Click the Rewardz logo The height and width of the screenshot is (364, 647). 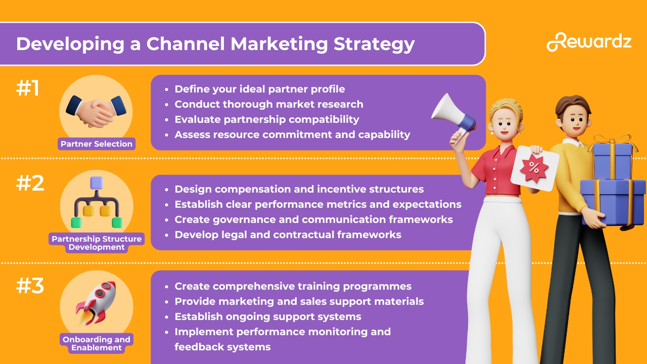click(x=589, y=42)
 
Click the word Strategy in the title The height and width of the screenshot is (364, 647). click(x=374, y=44)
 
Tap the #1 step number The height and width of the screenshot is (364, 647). click(x=28, y=88)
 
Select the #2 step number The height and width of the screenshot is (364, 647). click(x=30, y=183)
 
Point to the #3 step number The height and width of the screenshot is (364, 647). click(x=30, y=286)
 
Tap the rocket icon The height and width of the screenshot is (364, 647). click(x=96, y=302)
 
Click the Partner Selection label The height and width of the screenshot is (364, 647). click(x=97, y=144)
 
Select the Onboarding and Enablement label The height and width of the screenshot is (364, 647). click(x=97, y=343)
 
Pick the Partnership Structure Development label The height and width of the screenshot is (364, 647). click(x=97, y=243)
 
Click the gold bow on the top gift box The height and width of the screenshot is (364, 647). click(x=612, y=141)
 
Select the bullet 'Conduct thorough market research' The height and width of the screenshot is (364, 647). click(x=269, y=104)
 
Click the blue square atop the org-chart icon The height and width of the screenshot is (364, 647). click(x=97, y=183)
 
